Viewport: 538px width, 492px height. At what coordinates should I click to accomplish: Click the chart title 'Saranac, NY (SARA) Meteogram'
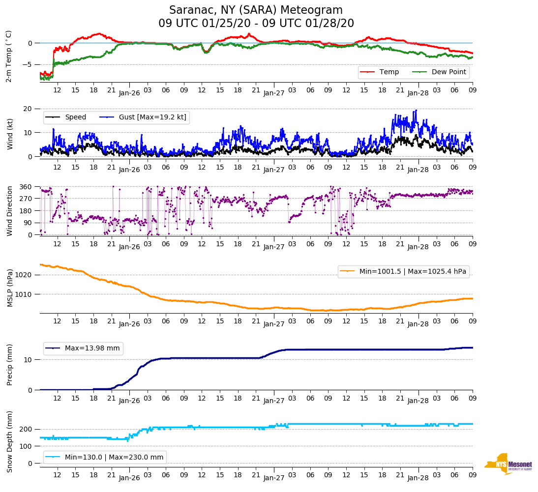coord(256,10)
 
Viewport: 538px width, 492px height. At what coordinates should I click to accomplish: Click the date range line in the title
coord(256,24)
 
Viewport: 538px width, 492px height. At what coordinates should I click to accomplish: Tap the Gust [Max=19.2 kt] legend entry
coord(143,117)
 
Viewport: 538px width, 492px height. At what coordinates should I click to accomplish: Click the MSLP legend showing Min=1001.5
coord(403,272)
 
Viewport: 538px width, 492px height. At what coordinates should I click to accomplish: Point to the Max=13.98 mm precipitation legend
coord(83,348)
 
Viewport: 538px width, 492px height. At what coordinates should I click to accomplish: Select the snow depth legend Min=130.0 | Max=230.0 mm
coord(105,458)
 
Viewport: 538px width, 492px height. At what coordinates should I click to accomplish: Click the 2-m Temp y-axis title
coord(9,56)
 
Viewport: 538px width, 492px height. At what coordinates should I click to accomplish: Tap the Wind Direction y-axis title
coord(9,210)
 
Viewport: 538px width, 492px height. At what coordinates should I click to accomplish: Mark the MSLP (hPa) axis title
coord(9,288)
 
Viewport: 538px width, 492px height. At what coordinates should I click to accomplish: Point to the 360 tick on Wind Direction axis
coord(27,187)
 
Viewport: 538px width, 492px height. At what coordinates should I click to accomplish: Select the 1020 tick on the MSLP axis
coord(25,275)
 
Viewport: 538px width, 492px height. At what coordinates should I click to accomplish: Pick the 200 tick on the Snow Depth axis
coord(27,430)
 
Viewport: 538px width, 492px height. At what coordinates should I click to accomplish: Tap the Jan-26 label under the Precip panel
coord(129,401)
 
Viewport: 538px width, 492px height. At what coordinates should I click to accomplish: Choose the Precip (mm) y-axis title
coord(9,365)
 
